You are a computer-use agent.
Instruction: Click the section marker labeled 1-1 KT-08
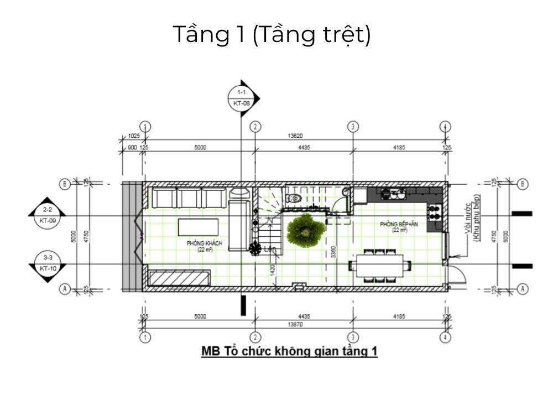(242, 97)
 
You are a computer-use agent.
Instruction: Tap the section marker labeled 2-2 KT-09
(46, 214)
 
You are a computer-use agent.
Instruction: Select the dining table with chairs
(380, 265)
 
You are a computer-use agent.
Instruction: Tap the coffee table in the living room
(198, 227)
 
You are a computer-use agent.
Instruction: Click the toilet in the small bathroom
(293, 198)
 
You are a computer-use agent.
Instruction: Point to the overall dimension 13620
(294, 136)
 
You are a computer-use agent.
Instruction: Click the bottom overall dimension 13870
(294, 325)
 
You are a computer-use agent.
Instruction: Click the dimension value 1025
(133, 136)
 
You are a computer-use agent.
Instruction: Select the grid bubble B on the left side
(65, 184)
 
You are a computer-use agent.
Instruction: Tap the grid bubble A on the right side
(521, 288)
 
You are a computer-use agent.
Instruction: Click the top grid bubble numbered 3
(353, 126)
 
